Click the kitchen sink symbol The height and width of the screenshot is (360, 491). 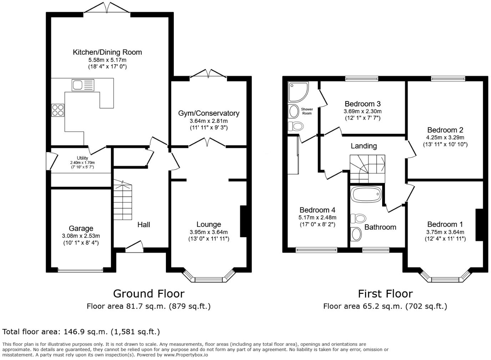83,85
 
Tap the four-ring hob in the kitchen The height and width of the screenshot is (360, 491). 58,110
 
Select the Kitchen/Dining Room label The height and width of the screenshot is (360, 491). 107,52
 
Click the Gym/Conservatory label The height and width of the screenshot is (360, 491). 209,113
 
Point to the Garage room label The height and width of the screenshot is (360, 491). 81,228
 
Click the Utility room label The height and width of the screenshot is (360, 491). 82,158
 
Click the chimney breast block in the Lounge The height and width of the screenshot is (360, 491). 244,221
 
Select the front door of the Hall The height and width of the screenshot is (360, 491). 134,247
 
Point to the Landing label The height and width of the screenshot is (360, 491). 364,146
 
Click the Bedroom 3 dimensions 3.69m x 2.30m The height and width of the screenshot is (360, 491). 363,111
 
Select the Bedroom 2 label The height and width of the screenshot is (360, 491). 445,130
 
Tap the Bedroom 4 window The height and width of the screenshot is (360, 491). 317,250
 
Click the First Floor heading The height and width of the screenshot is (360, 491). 385,294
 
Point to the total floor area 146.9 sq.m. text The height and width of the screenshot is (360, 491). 81,332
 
